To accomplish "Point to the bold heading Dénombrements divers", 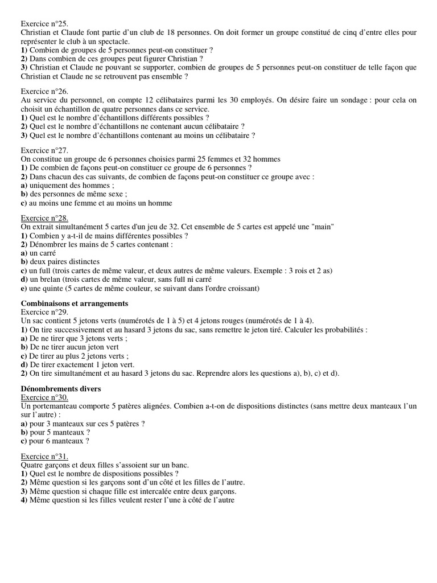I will point(60,388).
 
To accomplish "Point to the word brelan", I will point(50,280).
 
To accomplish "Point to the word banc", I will point(180,465).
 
